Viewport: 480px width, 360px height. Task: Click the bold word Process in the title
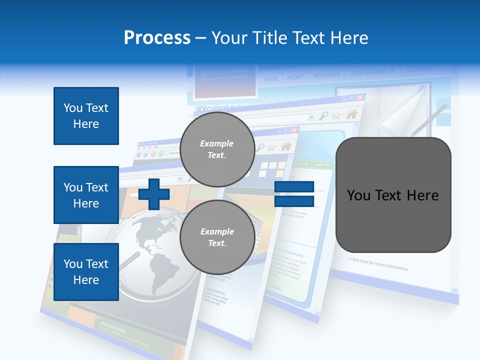tap(157, 38)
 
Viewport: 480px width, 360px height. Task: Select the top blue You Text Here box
tap(86, 116)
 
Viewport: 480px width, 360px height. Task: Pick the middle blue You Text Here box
tap(86, 195)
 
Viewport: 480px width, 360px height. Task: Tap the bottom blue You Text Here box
tap(86, 272)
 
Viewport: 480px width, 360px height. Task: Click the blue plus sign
tap(154, 194)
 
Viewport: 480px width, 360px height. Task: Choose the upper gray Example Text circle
tap(217, 149)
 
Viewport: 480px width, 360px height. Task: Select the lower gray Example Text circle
tap(217, 237)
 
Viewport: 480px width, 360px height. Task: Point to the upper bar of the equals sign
tap(294, 187)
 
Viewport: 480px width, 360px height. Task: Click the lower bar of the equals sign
tap(294, 201)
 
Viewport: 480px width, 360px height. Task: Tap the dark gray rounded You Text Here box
tap(393, 195)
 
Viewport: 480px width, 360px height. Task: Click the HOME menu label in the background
tap(271, 79)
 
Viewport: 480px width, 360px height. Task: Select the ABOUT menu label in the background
tap(295, 77)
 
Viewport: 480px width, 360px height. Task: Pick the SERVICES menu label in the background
tap(326, 75)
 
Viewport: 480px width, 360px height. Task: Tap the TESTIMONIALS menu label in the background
tap(372, 72)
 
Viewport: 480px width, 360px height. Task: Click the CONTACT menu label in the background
tap(422, 68)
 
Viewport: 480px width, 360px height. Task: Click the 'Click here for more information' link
tap(377, 264)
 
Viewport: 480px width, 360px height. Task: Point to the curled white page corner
tap(400, 117)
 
